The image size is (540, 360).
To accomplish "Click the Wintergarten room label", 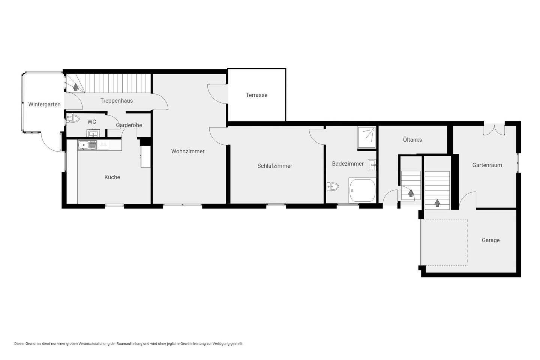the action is [44, 104].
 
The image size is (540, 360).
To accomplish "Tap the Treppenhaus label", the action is [116, 101].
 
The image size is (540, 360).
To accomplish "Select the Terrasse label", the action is [256, 95].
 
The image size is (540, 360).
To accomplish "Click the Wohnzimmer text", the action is [188, 151].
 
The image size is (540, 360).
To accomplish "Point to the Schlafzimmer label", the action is [274, 166].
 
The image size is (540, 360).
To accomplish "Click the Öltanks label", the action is [412, 139].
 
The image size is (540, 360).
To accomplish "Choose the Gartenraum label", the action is [487, 165].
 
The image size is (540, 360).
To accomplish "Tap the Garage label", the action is [490, 240].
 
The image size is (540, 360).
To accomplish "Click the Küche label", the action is [112, 177].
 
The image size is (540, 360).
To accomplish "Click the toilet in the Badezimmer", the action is [333, 186].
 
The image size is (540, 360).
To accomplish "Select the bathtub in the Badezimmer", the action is [362, 190].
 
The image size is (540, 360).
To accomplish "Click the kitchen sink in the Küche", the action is [87, 145].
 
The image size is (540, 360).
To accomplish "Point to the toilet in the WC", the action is [73, 118].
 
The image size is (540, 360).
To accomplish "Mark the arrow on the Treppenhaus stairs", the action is [76, 87].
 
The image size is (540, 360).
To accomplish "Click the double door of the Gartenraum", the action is [494, 130].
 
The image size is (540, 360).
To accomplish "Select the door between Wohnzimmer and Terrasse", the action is [217, 94].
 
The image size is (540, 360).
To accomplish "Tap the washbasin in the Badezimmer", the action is [372, 165].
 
